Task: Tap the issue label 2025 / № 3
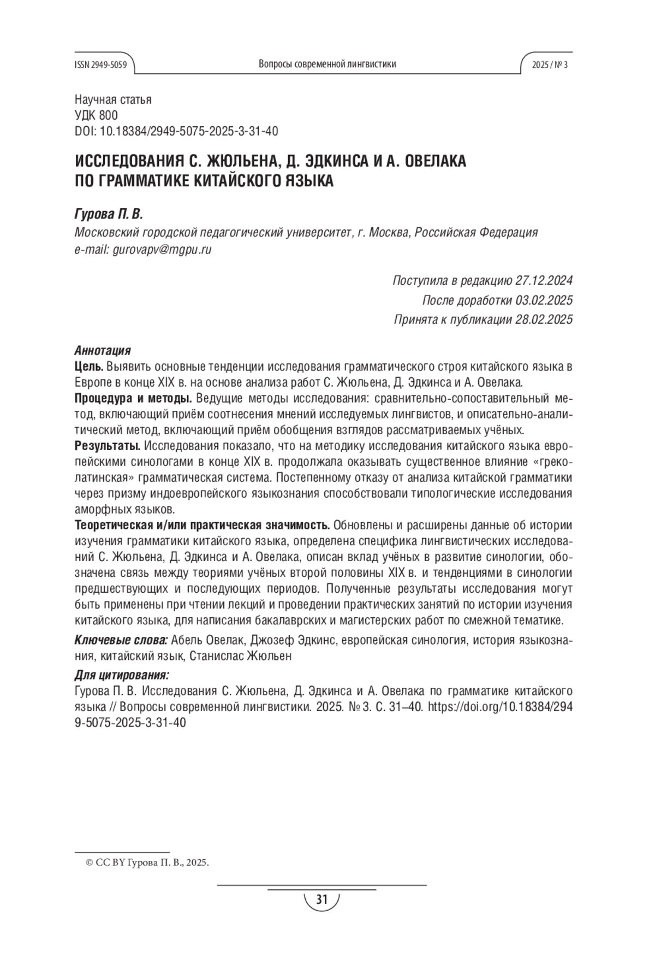tap(550, 64)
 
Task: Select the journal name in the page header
tap(327, 64)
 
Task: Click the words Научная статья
tap(113, 99)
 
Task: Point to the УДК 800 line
tap(96, 115)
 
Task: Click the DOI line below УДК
tap(176, 131)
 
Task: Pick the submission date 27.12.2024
tap(544, 281)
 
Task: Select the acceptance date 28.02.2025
tap(544, 320)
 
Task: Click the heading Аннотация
tap(102, 350)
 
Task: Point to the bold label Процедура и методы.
tap(133, 398)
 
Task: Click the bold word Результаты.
tap(107, 446)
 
